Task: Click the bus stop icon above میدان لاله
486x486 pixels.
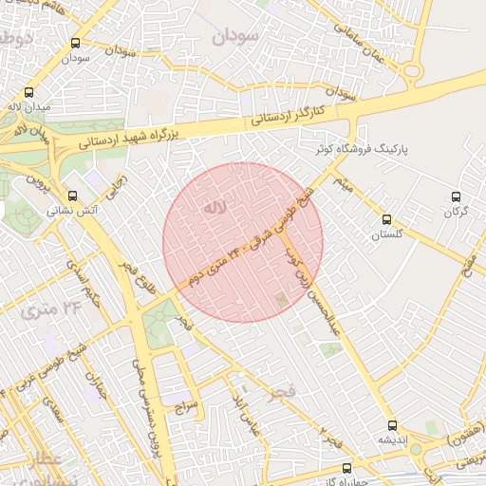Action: pos(28,93)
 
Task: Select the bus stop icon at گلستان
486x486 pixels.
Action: pos(385,220)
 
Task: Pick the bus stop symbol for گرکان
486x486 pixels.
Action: pos(457,197)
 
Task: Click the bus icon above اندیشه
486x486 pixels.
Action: pos(391,426)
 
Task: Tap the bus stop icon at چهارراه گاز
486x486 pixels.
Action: pos(346,468)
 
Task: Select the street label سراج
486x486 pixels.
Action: pos(183,405)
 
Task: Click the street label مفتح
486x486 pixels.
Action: pos(468,267)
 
